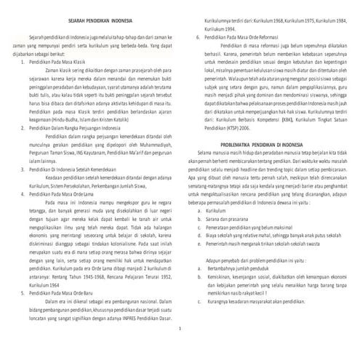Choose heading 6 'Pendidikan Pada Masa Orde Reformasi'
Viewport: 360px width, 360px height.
[245, 35]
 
